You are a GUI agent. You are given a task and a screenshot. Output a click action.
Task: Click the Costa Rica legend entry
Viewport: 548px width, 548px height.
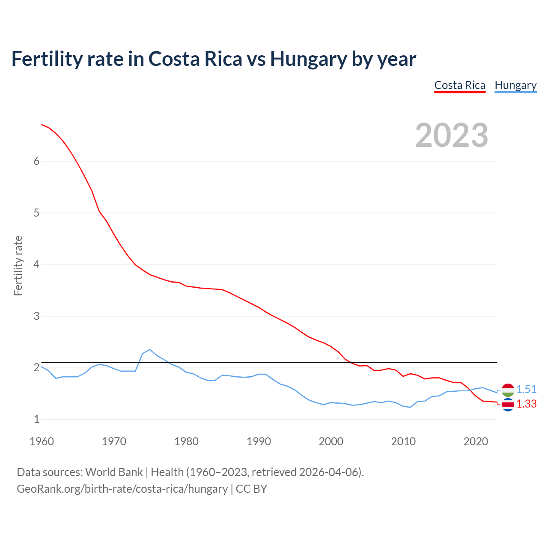click(x=460, y=85)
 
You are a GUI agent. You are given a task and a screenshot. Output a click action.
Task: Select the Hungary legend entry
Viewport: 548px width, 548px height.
click(x=515, y=85)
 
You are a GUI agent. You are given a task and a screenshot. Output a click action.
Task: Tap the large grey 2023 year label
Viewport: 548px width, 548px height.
click(x=452, y=135)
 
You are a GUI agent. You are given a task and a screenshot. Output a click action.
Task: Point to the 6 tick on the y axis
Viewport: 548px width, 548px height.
click(x=36, y=161)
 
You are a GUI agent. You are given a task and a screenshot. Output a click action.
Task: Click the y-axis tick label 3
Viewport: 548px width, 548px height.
click(x=36, y=316)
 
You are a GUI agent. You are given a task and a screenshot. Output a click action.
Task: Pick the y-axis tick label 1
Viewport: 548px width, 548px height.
click(x=36, y=419)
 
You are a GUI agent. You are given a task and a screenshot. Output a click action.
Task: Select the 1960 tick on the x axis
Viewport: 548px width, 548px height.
click(x=42, y=441)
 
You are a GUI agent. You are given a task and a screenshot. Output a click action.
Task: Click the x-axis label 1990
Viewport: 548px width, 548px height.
click(x=259, y=441)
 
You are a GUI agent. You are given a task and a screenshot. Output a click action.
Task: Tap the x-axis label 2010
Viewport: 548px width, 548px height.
click(x=403, y=441)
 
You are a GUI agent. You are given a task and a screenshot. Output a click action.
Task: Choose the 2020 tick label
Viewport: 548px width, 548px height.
click(x=476, y=441)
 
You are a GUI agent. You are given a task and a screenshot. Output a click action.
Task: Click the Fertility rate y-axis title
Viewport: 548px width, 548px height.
click(x=18, y=265)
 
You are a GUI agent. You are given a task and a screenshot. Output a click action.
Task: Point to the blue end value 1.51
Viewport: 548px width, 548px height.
click(x=526, y=389)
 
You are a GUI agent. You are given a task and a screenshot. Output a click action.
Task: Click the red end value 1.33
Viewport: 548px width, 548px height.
click(x=526, y=404)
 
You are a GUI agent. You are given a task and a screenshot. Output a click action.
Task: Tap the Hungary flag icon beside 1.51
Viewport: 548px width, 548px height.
click(x=508, y=390)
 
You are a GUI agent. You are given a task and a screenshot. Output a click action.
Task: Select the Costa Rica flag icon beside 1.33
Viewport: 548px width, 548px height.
click(x=508, y=404)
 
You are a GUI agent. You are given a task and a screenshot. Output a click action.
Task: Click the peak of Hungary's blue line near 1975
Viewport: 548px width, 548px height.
click(x=149, y=349)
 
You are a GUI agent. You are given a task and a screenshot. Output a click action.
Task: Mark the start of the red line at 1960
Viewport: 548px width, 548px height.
click(x=42, y=125)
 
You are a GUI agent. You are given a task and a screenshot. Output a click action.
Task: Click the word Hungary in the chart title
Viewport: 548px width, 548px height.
click(x=308, y=59)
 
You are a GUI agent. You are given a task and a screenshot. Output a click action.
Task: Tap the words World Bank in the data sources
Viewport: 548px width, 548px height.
click(x=114, y=472)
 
